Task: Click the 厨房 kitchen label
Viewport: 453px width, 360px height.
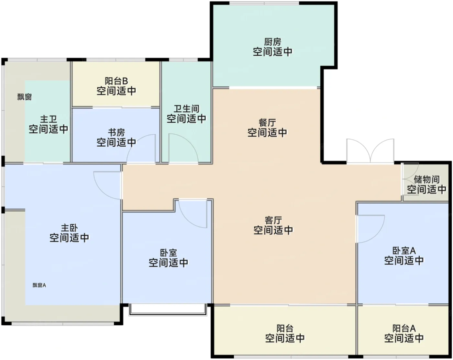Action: (x=272, y=42)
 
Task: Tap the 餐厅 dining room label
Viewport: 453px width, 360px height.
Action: (x=267, y=123)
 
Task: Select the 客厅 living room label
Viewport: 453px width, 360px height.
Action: (x=273, y=220)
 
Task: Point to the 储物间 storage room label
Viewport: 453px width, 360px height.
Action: (x=426, y=179)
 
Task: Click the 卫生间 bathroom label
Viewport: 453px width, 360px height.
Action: (x=186, y=109)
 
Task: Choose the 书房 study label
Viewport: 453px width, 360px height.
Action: (x=116, y=132)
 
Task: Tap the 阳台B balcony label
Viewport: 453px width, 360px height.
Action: (x=116, y=81)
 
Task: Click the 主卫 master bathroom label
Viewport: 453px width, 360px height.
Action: (x=49, y=119)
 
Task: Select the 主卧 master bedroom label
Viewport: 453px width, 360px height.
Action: (x=69, y=228)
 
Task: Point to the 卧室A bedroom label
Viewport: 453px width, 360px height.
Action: (x=404, y=251)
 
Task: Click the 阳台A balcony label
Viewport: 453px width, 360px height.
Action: (x=404, y=328)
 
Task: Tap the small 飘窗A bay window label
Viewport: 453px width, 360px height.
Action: (x=39, y=285)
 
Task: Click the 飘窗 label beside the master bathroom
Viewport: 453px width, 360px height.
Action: (x=24, y=97)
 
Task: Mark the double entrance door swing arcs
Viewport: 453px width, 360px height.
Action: (x=370, y=151)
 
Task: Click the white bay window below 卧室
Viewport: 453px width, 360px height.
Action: (x=168, y=309)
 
